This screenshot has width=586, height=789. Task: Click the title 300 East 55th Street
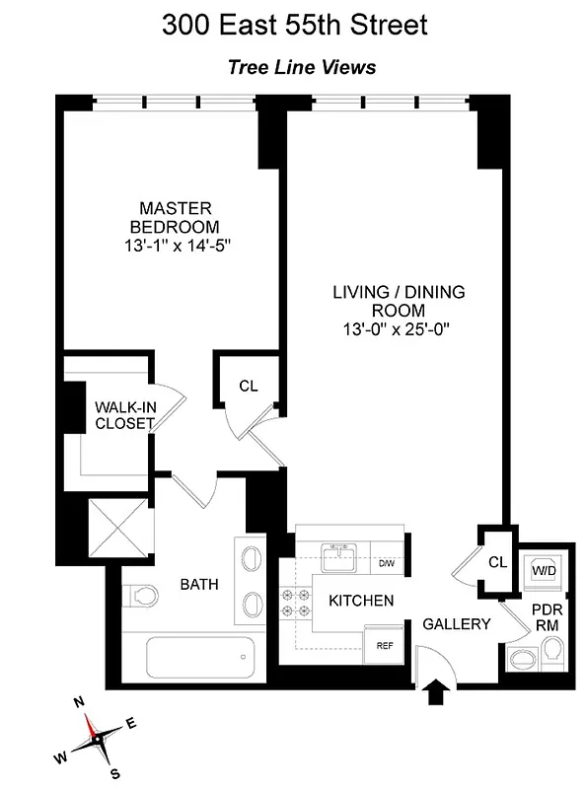pos(294,25)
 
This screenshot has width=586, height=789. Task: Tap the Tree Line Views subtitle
pos(302,68)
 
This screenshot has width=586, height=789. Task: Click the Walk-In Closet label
pos(124,415)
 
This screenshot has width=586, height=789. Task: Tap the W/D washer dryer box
pos(543,569)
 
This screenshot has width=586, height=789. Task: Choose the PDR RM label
pos(548,617)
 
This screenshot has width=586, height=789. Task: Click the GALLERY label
pos(457,624)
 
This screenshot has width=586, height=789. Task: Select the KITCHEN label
pos(361,601)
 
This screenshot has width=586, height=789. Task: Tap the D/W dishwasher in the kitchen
pos(388,564)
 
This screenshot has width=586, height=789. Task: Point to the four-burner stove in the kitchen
pos(296,601)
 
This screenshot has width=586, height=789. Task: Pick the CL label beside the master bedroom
pos(249,386)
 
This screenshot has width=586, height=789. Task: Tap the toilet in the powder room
pos(551,650)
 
